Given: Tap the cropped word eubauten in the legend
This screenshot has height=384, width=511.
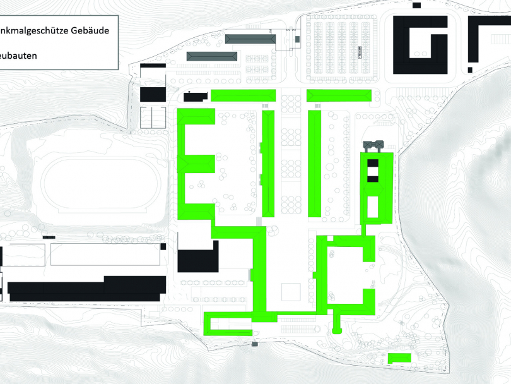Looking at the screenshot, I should click(18, 56).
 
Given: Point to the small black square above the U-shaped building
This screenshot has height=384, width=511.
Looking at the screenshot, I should click(416, 5).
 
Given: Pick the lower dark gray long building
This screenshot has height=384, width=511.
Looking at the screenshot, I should click(211, 57).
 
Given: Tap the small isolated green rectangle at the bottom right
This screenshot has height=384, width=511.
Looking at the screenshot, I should click(399, 358).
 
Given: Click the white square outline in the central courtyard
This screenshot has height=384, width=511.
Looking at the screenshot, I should click(291, 292).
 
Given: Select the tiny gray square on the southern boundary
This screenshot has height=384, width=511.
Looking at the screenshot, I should click(255, 344).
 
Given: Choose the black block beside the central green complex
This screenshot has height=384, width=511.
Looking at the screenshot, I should click(197, 260).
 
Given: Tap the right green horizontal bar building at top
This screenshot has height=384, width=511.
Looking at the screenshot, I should click(339, 95).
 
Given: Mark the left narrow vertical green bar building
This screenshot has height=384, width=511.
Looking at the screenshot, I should click(267, 164).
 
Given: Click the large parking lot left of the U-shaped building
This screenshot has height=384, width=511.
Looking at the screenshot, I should click(344, 47).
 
